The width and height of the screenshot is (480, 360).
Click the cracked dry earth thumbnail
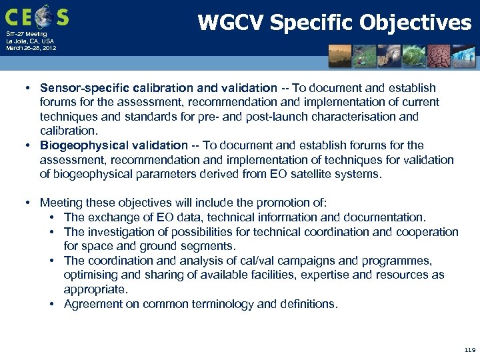443,56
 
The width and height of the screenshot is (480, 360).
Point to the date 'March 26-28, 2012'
31,49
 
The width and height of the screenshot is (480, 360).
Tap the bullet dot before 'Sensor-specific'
31,88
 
